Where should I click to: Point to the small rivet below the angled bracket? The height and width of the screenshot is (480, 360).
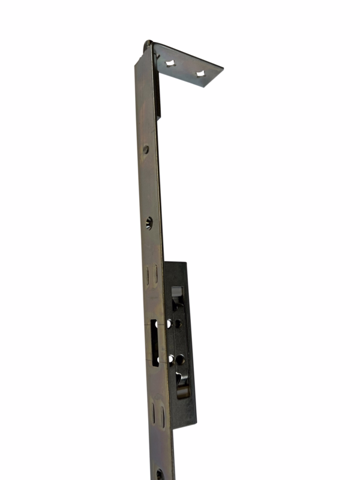pos(145,149)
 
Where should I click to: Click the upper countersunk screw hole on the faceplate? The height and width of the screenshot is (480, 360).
pos(149,223)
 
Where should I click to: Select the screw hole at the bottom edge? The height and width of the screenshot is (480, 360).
pos(160,474)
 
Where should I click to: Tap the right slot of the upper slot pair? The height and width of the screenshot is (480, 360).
pos(155,275)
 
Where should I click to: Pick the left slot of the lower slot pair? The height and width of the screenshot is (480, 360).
pos(152,413)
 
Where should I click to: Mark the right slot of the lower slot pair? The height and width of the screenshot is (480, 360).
pos(161,415)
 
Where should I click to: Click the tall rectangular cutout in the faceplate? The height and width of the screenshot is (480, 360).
pos(154,342)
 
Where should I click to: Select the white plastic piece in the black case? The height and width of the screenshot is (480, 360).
pos(177,292)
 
